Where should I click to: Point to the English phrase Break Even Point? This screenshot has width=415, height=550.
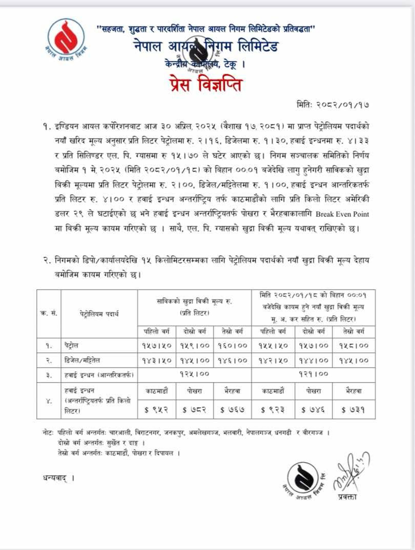(342, 214)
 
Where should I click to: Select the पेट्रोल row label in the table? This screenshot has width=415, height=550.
(71, 345)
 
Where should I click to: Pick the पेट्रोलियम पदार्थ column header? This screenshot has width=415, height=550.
(99, 313)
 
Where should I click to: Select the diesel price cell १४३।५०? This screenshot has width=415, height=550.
(157, 360)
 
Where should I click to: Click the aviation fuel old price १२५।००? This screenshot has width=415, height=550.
(194, 374)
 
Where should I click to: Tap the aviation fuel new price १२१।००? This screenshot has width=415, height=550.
(313, 374)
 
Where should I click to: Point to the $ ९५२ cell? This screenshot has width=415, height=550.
(157, 410)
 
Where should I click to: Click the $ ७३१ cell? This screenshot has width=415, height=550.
(353, 410)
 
